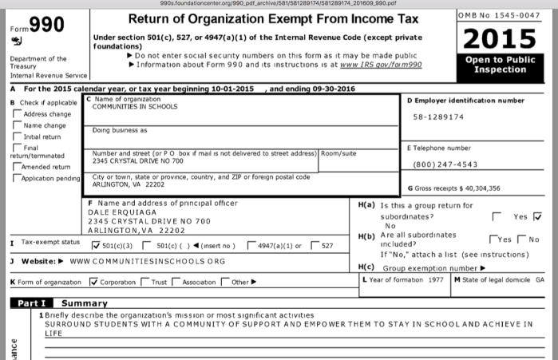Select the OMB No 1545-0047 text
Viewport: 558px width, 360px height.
pyautogui.click(x=501, y=15)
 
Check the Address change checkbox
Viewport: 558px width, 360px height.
pyautogui.click(x=18, y=114)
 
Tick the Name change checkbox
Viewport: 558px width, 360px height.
pyautogui.click(x=18, y=125)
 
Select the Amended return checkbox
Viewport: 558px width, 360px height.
pyautogui.click(x=18, y=166)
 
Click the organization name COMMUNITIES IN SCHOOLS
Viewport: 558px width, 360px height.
pyautogui.click(x=135, y=106)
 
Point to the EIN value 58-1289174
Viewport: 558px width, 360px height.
pyautogui.click(x=438, y=117)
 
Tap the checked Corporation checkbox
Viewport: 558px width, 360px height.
pyautogui.click(x=94, y=280)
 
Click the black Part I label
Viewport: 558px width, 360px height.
pyautogui.click(x=31, y=303)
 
